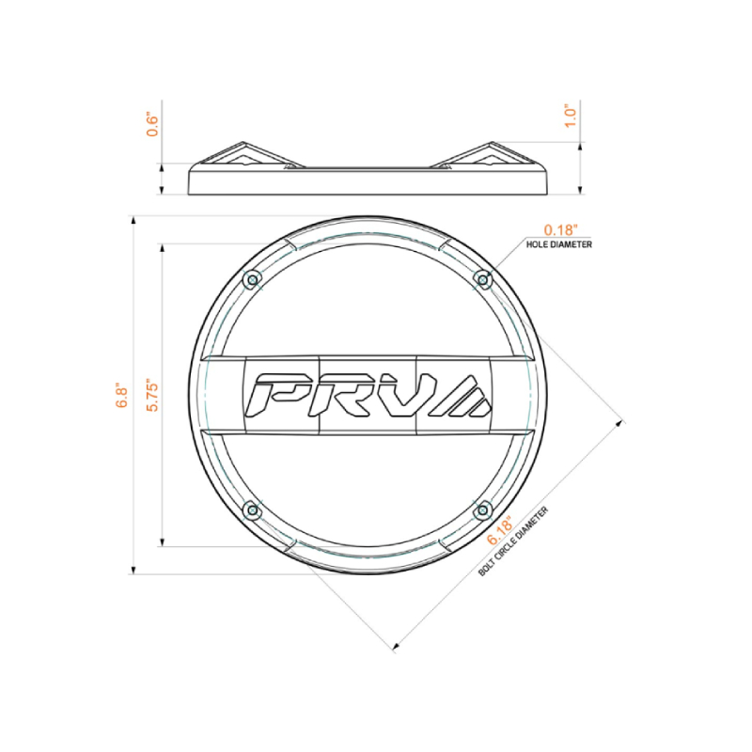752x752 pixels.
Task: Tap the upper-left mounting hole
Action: pos(251,280)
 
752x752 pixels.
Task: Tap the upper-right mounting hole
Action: pos(483,279)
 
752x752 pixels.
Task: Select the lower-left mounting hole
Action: pos(251,510)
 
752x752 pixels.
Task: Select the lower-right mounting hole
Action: pos(483,510)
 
